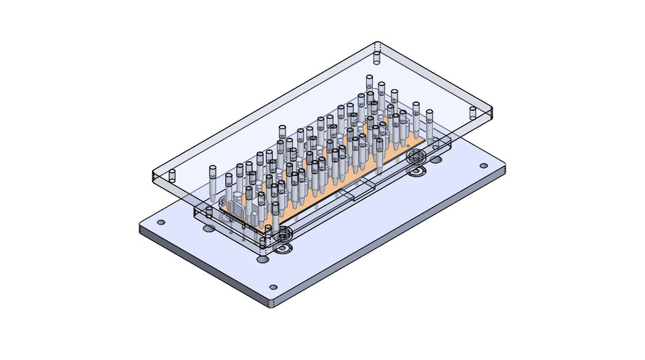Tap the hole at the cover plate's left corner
coord(171,177)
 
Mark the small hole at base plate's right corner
coord(484,166)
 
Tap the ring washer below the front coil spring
coord(283,249)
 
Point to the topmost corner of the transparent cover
coord(376,43)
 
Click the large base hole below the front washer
coord(263,259)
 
